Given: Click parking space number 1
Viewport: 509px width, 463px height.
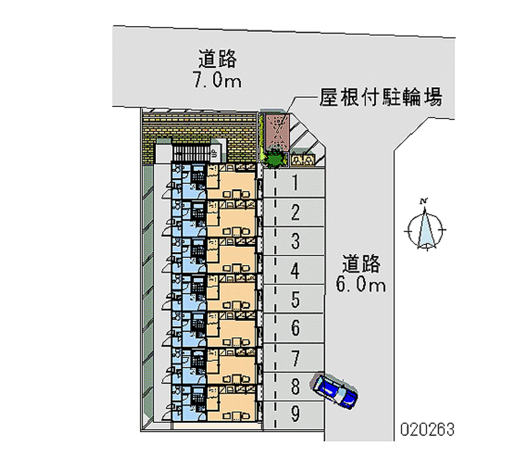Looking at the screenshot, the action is [294, 183].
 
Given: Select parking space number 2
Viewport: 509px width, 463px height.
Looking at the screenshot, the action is [294, 212].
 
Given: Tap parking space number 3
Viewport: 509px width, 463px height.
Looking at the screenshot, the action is [294, 241].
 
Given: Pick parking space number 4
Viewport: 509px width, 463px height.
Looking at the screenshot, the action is [294, 270].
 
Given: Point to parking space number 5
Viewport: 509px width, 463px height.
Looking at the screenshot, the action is [294, 299].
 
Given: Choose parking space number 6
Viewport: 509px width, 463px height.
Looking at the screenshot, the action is [294, 328].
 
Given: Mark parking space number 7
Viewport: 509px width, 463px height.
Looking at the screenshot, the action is [294, 358].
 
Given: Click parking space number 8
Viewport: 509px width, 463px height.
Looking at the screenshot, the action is [294, 387].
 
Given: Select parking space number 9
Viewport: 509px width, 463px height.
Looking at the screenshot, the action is [294, 415].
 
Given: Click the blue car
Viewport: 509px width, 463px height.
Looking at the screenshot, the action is [335, 392].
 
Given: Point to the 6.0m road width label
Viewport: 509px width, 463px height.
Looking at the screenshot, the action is [361, 285].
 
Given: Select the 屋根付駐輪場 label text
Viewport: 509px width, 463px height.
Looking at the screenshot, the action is [380, 97].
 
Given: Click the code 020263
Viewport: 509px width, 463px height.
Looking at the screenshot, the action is [427, 429].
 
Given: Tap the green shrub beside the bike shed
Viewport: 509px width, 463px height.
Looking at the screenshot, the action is [275, 159].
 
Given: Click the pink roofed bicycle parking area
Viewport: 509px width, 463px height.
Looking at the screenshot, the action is [276, 132].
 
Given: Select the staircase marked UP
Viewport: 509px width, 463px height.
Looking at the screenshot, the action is [197, 153].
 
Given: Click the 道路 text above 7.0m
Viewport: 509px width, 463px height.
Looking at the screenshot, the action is [217, 59].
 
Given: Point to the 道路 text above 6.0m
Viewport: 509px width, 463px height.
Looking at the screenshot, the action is [361, 264].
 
